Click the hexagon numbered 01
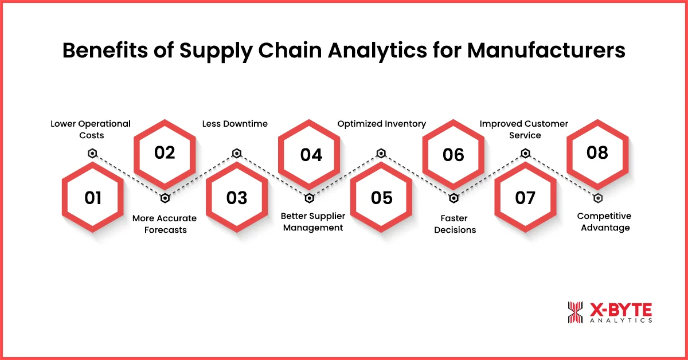pyautogui.click(x=93, y=198)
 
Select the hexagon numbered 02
pyautogui.click(x=165, y=154)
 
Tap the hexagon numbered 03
pyautogui.click(x=237, y=198)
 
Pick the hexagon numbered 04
pyautogui.click(x=310, y=154)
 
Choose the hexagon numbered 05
pyautogui.click(x=381, y=198)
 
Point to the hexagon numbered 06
pyautogui.click(x=454, y=154)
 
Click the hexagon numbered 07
pyautogui.click(x=525, y=198)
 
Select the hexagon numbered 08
pyautogui.click(x=597, y=154)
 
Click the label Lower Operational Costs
pyautogui.click(x=91, y=129)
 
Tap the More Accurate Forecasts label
pyautogui.click(x=165, y=224)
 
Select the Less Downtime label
pyautogui.click(x=235, y=124)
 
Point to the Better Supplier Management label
pyautogui.click(x=312, y=222)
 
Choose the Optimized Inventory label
pyautogui.click(x=381, y=124)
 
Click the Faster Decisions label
pyautogui.click(x=455, y=224)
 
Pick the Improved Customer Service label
pyautogui.click(x=524, y=129)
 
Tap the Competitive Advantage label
pyautogui.click(x=604, y=222)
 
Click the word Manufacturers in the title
pyautogui.click(x=546, y=50)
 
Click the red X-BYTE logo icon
pyautogui.click(x=575, y=312)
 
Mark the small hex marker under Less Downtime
pyautogui.click(x=237, y=153)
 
